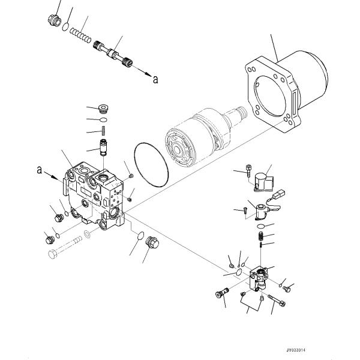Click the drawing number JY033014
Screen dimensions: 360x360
[296, 350]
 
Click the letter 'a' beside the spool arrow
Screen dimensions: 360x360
[155, 79]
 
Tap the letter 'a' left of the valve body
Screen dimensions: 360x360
[40, 170]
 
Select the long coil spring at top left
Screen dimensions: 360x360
[80, 35]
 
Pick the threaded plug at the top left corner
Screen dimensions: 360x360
[55, 20]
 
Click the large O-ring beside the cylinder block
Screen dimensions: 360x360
[151, 165]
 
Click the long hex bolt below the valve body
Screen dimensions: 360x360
[65, 247]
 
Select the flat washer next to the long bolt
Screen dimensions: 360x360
[87, 234]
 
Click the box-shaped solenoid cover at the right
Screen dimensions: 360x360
[264, 182]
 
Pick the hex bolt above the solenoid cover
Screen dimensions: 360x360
[248, 170]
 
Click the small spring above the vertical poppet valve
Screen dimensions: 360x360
[103, 131]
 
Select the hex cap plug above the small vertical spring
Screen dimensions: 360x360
[103, 109]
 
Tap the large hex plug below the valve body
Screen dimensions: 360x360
[152, 242]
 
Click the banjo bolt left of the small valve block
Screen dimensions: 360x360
[222, 293]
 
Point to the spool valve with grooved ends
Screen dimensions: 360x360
[113, 53]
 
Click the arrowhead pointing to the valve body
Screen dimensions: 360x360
[55, 177]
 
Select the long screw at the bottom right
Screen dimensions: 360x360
[277, 301]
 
